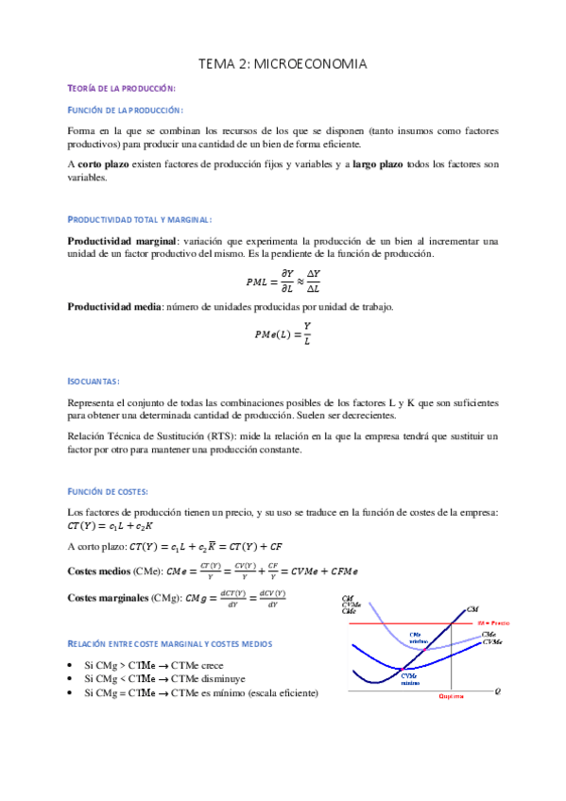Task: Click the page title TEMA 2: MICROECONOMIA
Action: (x=282, y=63)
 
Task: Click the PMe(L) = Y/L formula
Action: (x=283, y=332)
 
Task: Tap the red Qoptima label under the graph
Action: (x=451, y=698)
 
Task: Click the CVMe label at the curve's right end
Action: (x=491, y=642)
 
